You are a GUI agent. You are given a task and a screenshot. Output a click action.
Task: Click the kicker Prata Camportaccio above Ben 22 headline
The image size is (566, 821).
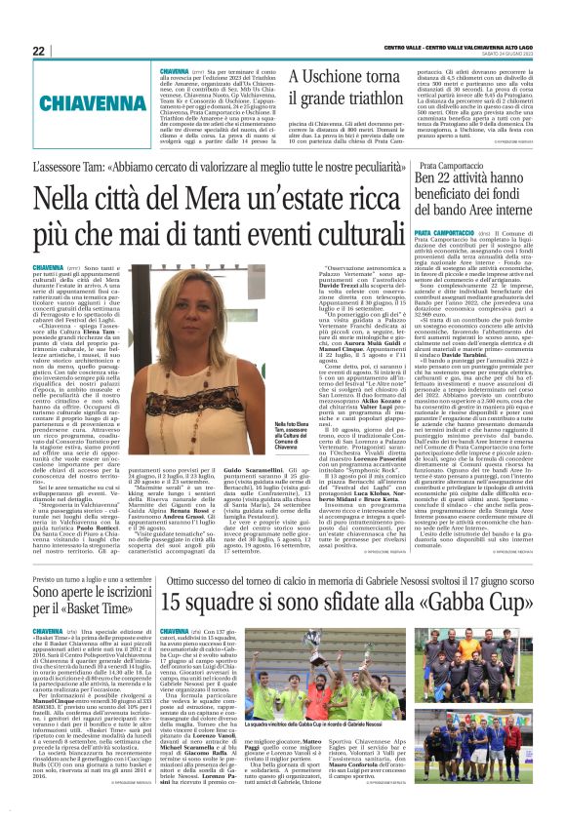tap(452, 168)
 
